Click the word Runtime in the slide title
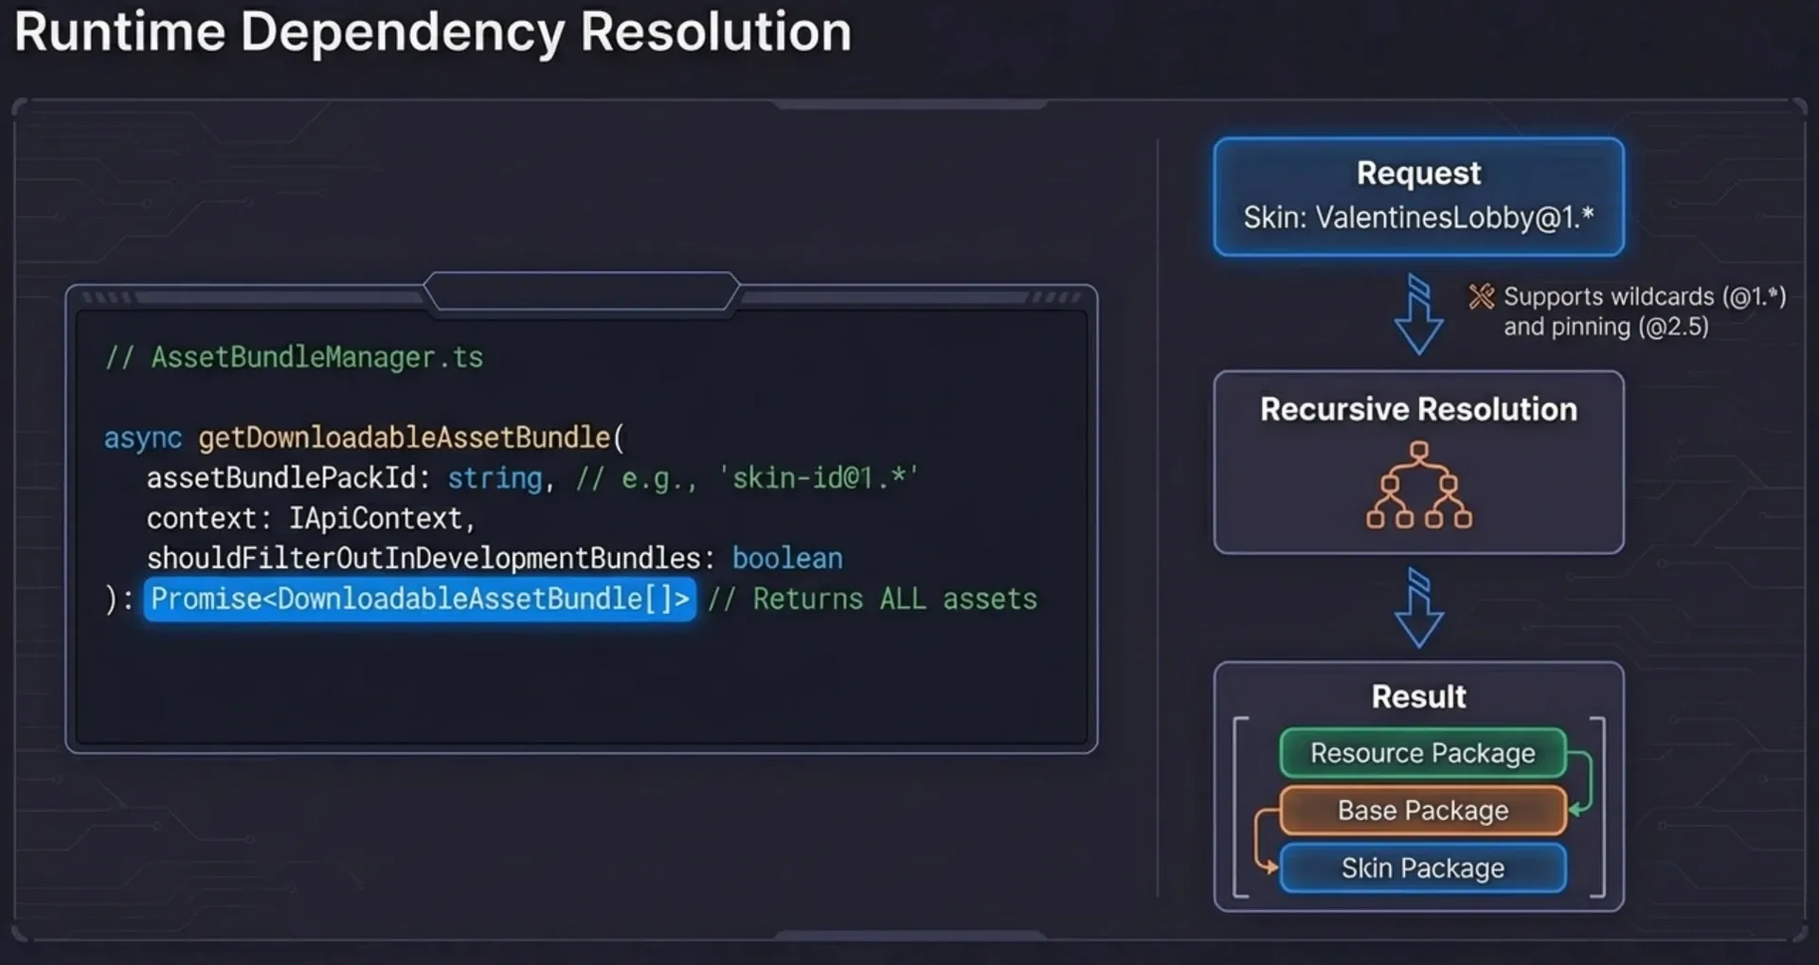click(120, 31)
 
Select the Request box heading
click(1418, 173)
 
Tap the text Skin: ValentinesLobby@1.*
click(1418, 218)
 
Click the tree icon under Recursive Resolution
click(1418, 484)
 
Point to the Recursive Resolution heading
click(1418, 409)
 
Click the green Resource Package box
click(1422, 753)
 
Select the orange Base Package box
click(1422, 811)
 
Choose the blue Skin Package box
click(1422, 868)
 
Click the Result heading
click(1418, 697)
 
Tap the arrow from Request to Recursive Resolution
click(1418, 314)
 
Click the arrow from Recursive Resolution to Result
click(1418, 608)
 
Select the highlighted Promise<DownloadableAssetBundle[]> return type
click(420, 599)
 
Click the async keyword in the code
click(142, 438)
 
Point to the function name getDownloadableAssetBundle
click(405, 438)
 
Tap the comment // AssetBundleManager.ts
click(294, 357)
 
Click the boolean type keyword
click(787, 559)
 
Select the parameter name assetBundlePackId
click(282, 478)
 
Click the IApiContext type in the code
click(375, 519)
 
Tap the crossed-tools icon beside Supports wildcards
click(1481, 297)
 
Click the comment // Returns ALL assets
click(873, 599)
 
